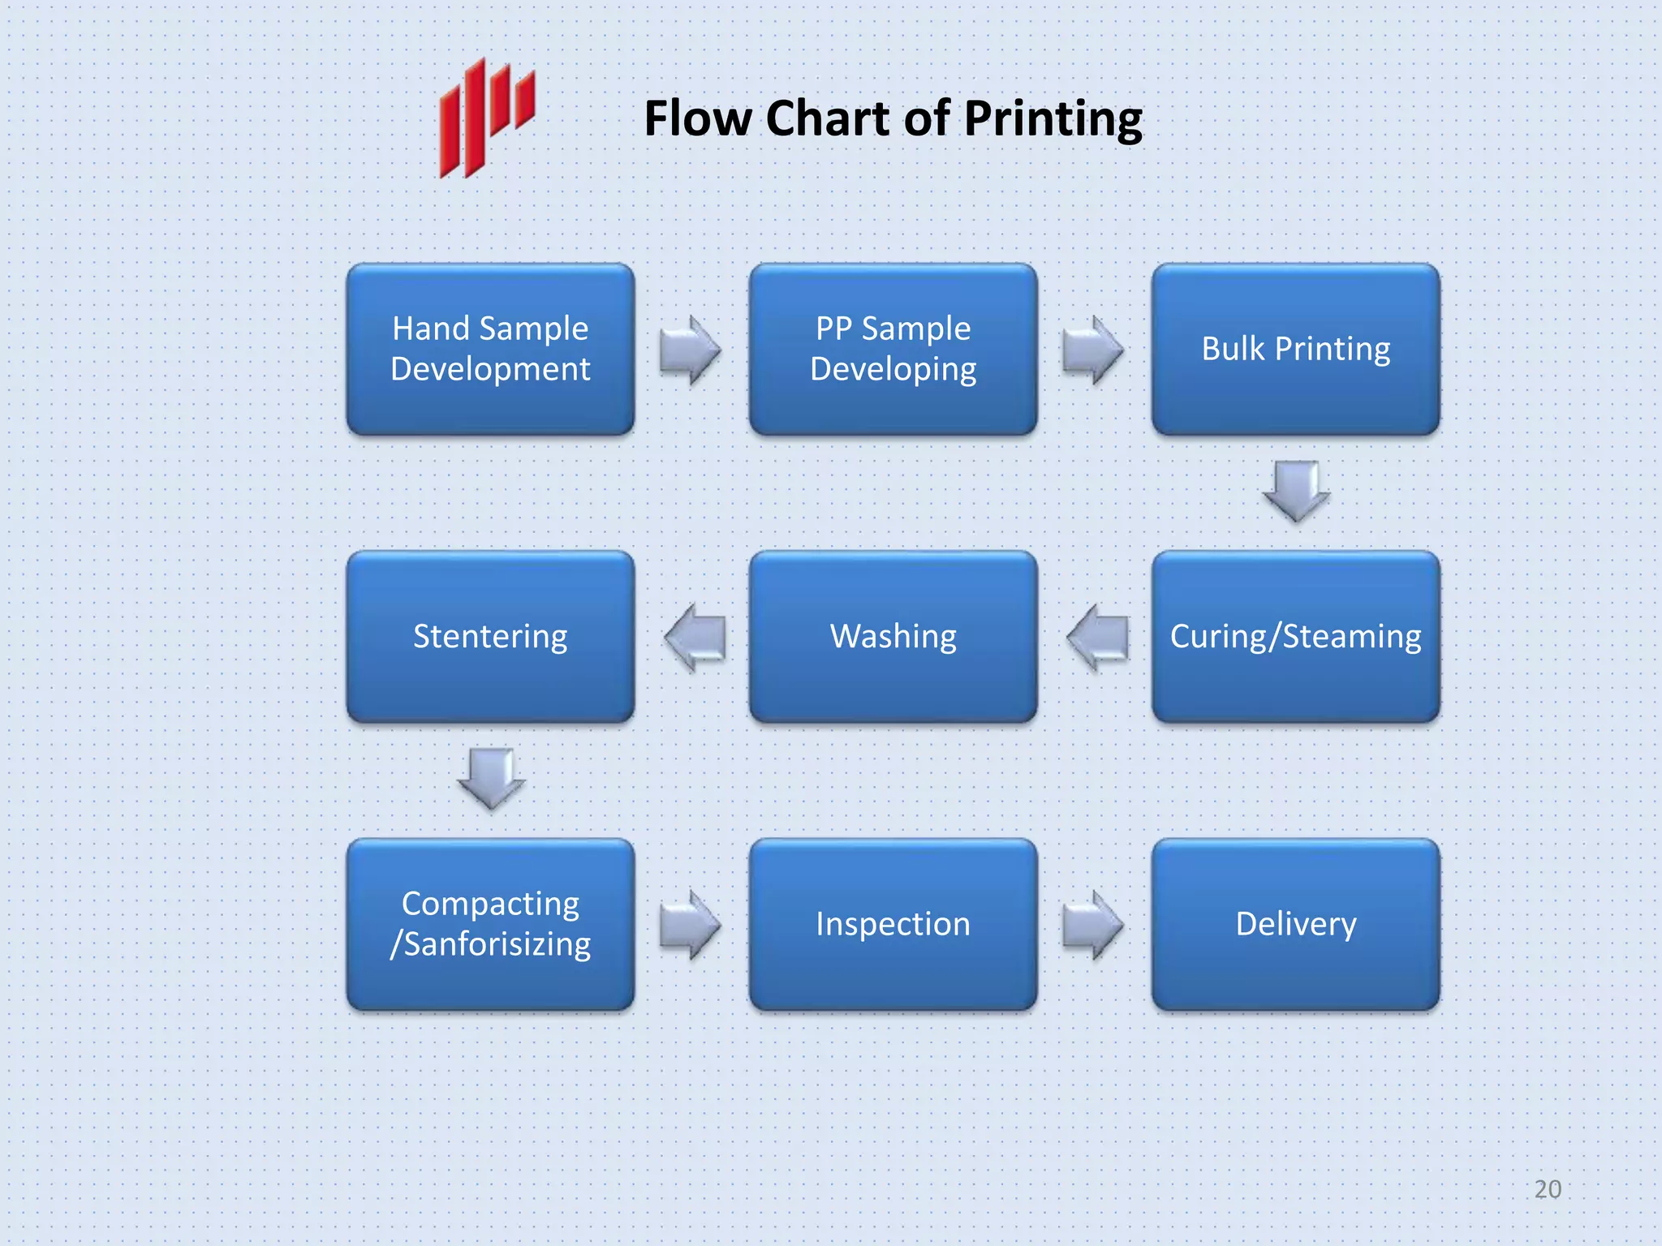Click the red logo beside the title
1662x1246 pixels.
pos(486,118)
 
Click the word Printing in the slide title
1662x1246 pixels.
pos(1053,119)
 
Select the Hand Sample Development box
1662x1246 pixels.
pos(490,349)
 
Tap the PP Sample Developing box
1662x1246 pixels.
pos(893,349)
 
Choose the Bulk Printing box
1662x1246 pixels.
pos(1295,349)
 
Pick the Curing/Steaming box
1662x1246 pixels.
pos(1295,637)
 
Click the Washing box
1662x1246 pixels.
pos(893,637)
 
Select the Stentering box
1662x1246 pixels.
pos(490,637)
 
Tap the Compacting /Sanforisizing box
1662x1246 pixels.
pos(490,924)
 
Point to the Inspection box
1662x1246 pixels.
pos(893,924)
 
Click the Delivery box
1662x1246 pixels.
pos(1295,924)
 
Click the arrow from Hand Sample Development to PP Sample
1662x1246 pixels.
pos(690,350)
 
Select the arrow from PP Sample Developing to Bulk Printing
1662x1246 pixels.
pos(1092,350)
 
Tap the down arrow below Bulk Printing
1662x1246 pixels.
pos(1296,491)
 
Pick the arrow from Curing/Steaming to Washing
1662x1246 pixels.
pos(1098,638)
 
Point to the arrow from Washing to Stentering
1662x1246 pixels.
pos(695,638)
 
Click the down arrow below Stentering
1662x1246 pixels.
pos(491,778)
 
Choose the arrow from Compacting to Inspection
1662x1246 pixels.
pos(690,925)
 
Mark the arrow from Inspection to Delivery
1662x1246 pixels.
pos(1092,925)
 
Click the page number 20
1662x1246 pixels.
pos(1548,1189)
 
